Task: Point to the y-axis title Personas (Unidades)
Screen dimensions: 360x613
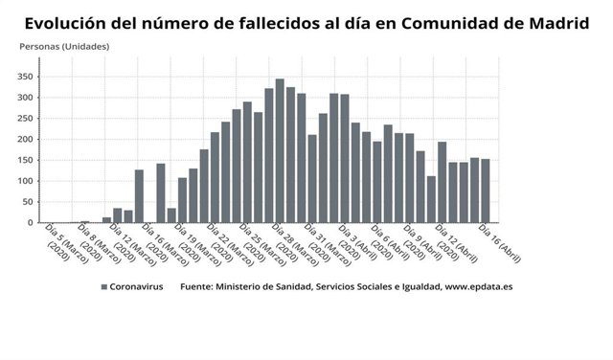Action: click(65, 46)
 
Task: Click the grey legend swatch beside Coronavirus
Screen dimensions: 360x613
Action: click(103, 286)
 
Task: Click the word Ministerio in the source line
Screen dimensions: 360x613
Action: click(240, 286)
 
